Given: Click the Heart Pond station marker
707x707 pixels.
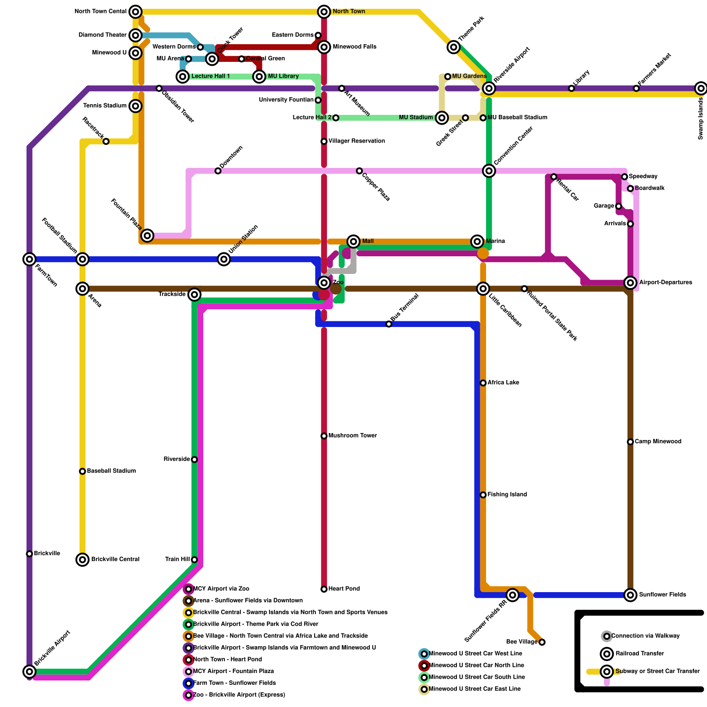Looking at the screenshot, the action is pyautogui.click(x=324, y=589).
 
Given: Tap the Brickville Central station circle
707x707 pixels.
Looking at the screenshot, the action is pyautogui.click(x=83, y=559).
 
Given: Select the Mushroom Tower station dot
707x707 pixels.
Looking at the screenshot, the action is pyautogui.click(x=324, y=436).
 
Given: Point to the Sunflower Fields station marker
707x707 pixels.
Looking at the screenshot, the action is pyautogui.click(x=631, y=595).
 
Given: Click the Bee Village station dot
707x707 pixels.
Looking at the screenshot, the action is pyautogui.click(x=542, y=642).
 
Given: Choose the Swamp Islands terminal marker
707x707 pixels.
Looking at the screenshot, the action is pyautogui.click(x=700, y=88).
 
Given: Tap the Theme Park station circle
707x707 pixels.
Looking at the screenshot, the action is pyautogui.click(x=454, y=47).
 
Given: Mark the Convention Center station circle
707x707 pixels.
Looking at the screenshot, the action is pyautogui.click(x=489, y=171).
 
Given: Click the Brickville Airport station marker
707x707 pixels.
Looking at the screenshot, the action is pyautogui.click(x=30, y=672).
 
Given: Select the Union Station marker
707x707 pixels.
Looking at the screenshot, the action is pyautogui.click(x=224, y=259).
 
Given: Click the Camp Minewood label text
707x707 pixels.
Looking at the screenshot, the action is pyautogui.click(x=658, y=441).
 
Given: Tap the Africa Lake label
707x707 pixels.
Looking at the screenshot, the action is pyautogui.click(x=503, y=383).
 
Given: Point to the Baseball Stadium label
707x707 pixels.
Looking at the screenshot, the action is pyautogui.click(x=111, y=471).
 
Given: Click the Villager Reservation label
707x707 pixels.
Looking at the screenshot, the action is pyautogui.click(x=357, y=141).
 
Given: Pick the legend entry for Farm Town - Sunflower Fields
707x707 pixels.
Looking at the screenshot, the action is pyautogui.click(x=234, y=683).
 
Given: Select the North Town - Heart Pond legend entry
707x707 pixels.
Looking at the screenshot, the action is pyautogui.click(x=228, y=660).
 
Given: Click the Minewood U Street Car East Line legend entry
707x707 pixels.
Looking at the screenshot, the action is pyautogui.click(x=475, y=689).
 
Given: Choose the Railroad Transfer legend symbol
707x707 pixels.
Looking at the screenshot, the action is pyautogui.click(x=607, y=654).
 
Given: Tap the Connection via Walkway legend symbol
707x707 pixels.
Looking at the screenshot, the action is pyautogui.click(x=607, y=636).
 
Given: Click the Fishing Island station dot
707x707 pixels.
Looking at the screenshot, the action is pyautogui.click(x=483, y=495).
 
